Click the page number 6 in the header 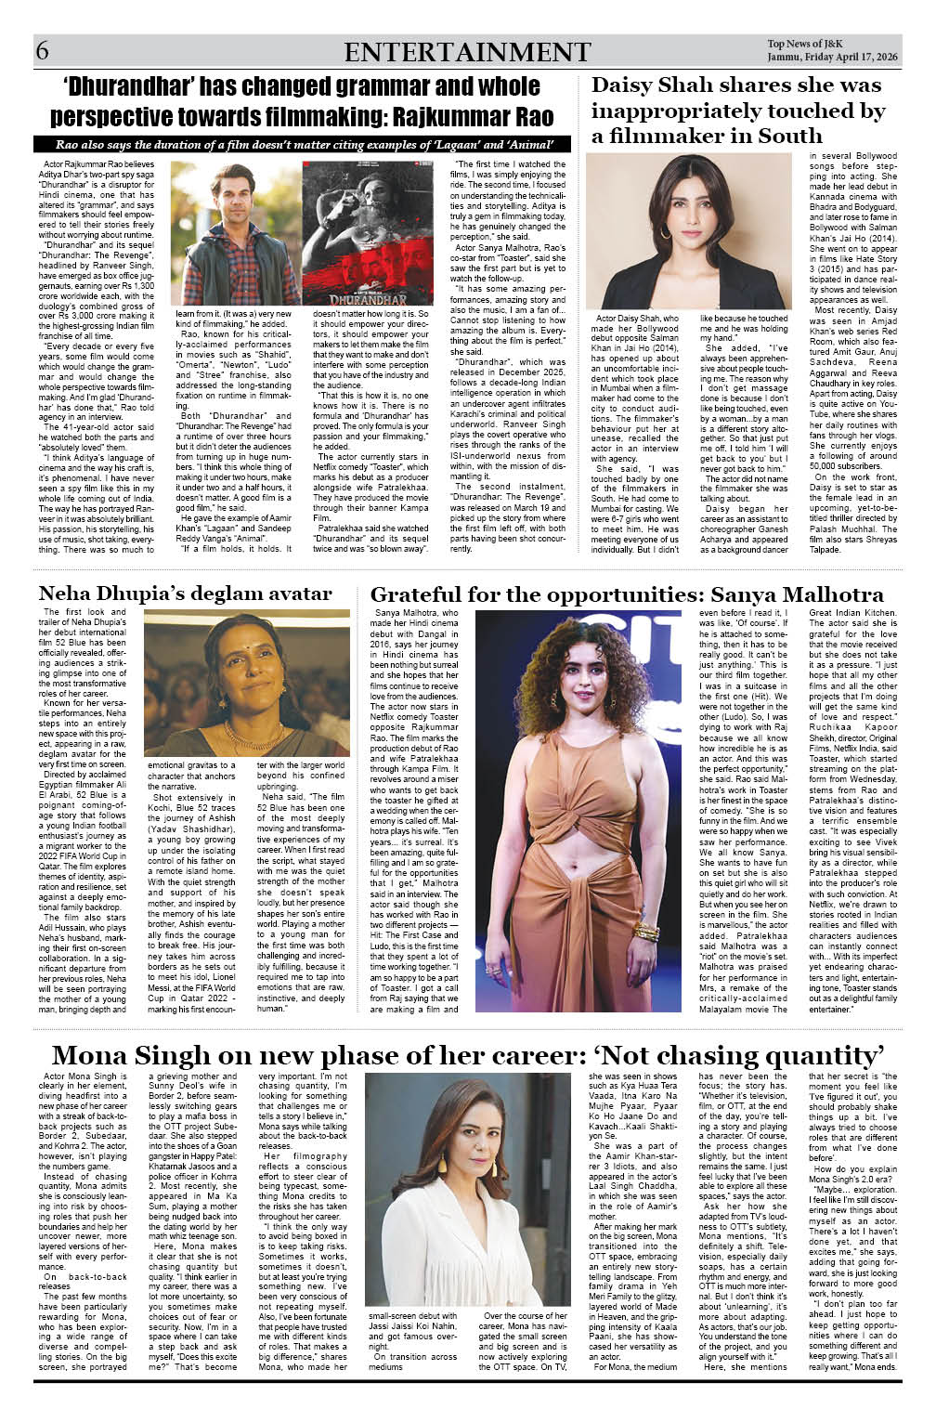coord(43,51)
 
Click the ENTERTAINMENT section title coord(467,52)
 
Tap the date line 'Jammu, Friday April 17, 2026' coord(833,58)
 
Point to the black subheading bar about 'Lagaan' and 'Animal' coord(302,145)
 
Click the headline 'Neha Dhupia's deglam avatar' coord(186,594)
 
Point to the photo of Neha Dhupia coord(249,683)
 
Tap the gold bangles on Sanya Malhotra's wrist coord(646,930)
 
